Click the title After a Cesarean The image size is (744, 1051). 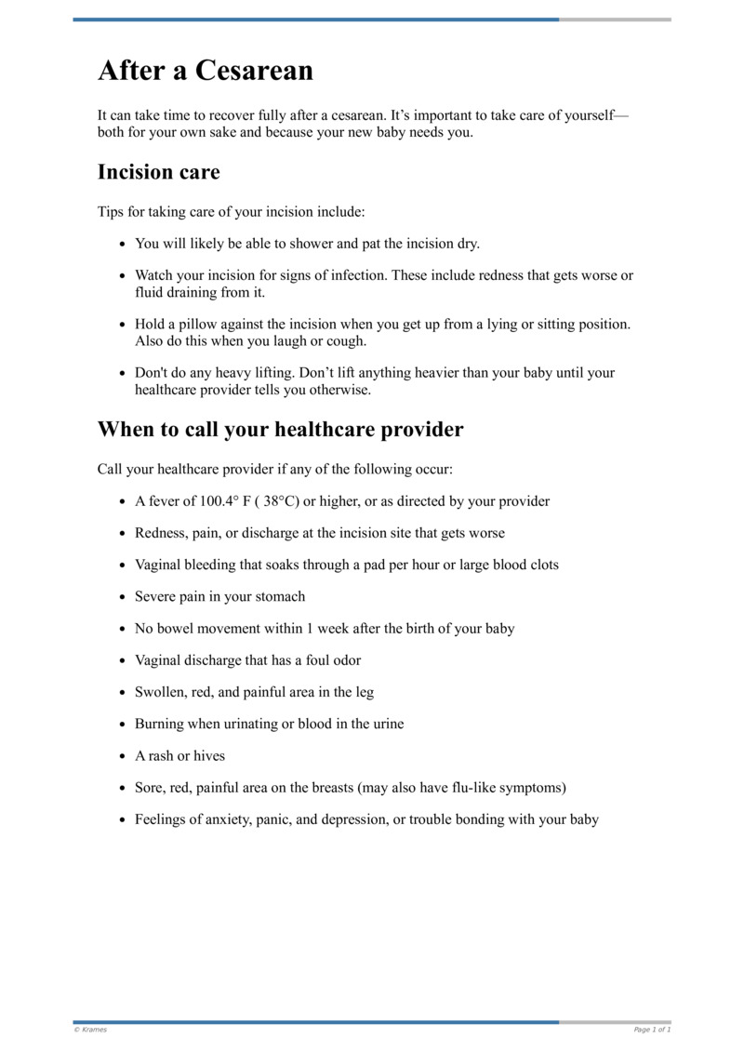tap(206, 71)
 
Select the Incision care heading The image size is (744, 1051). tap(158, 172)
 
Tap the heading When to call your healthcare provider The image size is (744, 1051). tap(280, 430)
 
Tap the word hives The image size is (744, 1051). tap(208, 756)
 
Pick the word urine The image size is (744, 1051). tap(385, 724)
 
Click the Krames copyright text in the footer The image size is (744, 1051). tap(90, 1030)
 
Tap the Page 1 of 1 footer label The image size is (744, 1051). tap(652, 1030)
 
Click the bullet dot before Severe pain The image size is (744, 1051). tap(123, 597)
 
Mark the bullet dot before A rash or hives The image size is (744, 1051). tap(123, 756)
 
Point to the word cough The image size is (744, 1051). tap(346, 340)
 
